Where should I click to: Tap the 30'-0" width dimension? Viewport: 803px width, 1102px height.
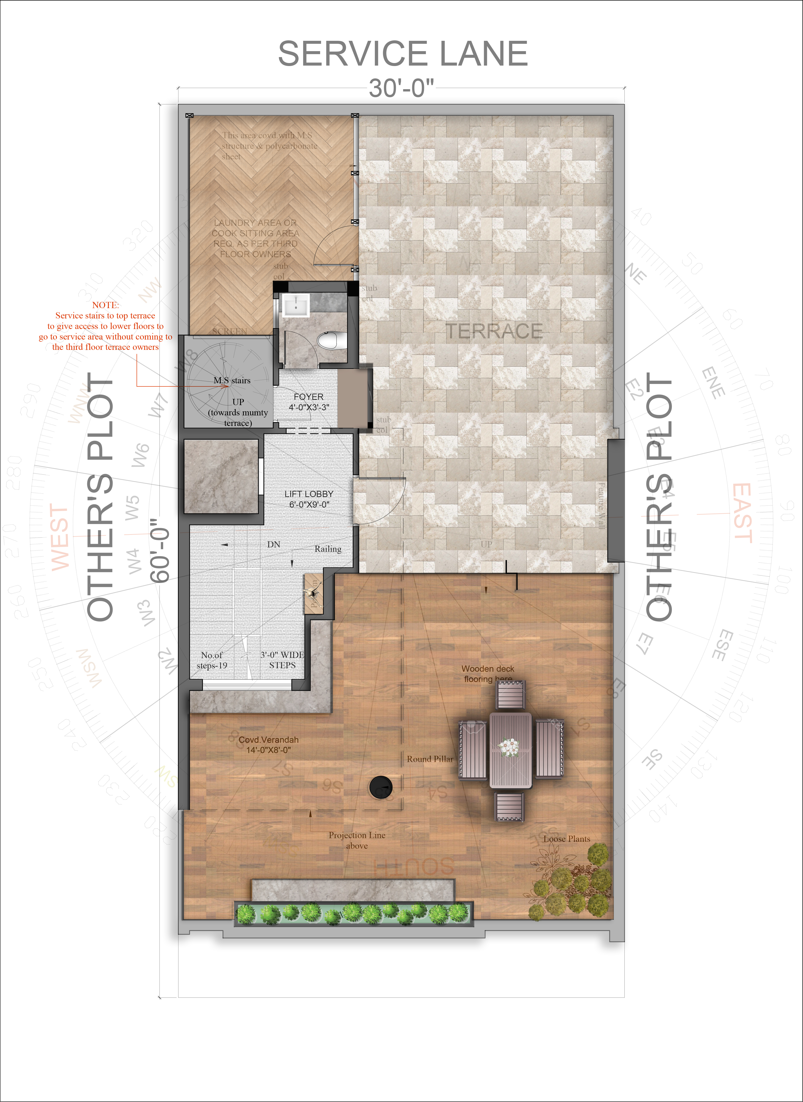pyautogui.click(x=401, y=88)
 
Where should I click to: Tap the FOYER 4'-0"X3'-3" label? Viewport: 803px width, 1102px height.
pyautogui.click(x=309, y=402)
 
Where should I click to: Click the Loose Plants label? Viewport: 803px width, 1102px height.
pyautogui.click(x=567, y=839)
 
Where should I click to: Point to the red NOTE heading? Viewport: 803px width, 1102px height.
pyautogui.click(x=106, y=305)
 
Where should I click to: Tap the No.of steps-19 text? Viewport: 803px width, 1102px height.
pyautogui.click(x=212, y=660)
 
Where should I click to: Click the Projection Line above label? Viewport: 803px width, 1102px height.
pyautogui.click(x=357, y=840)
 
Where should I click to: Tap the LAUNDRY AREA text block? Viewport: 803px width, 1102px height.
pyautogui.click(x=255, y=238)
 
